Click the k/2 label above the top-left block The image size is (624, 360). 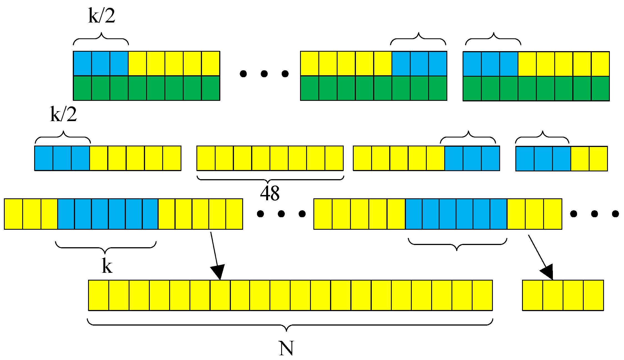coord(102,16)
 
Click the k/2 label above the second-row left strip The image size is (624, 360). coord(64,114)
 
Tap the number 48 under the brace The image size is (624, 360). coord(270,193)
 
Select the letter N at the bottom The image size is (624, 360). coord(286,348)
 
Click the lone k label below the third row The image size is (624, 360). coord(107,266)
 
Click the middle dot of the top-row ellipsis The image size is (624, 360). coord(264,74)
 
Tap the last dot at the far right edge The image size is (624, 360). coord(615,214)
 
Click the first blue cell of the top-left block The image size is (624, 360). coord(83,63)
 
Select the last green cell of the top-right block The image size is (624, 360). coord(600,88)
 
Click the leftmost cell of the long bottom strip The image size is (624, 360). coord(99,295)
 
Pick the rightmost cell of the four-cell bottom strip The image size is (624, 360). coord(593,295)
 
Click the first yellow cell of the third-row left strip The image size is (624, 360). coord(14,214)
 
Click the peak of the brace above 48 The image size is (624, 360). coord(268,182)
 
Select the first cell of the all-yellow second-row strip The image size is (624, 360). coord(206,158)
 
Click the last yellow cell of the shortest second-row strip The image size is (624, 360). coord(598,159)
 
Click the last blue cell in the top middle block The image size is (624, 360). coord(438,64)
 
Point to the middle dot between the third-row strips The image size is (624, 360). coord(281,214)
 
